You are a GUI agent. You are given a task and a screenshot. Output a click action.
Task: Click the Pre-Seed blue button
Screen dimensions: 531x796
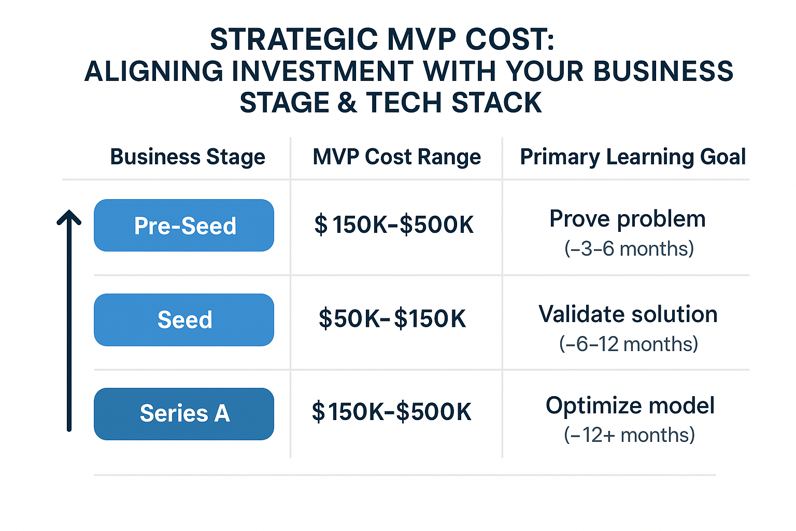point(184,226)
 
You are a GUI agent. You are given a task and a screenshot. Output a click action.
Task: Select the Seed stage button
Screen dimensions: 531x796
point(184,320)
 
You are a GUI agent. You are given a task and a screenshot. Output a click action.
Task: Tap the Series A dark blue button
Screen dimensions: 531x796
point(184,414)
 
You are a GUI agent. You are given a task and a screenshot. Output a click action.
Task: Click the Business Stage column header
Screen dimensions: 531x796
point(188,157)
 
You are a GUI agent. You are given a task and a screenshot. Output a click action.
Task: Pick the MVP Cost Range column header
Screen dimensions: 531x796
point(396,157)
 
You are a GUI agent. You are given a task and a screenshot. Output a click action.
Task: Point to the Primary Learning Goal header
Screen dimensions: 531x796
point(633,157)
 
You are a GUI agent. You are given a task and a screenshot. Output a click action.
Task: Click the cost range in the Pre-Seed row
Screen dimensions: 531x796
point(394,225)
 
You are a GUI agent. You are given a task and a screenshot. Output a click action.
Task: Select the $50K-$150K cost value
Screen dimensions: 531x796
point(392,318)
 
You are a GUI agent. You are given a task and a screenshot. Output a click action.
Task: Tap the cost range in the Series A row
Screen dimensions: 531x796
point(391,412)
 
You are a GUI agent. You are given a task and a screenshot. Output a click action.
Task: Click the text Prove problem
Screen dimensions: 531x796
point(628,219)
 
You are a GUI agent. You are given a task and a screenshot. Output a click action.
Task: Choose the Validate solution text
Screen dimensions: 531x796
point(628,314)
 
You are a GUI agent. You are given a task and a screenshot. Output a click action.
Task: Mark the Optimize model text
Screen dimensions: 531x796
point(630,406)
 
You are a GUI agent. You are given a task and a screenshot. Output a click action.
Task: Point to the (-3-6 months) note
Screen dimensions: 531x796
point(629,249)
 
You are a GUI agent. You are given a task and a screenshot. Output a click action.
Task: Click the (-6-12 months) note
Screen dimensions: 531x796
point(629,344)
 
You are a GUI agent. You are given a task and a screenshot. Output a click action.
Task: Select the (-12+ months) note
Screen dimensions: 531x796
point(629,435)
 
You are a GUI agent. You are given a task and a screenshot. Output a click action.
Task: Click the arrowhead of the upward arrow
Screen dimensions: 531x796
point(69,217)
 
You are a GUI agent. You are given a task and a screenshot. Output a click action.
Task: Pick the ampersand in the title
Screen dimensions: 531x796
point(347,103)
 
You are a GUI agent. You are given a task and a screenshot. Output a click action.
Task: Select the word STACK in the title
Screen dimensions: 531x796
point(496,103)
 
